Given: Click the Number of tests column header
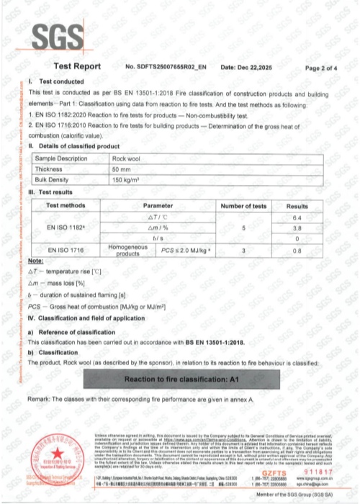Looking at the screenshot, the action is point(243,206).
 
